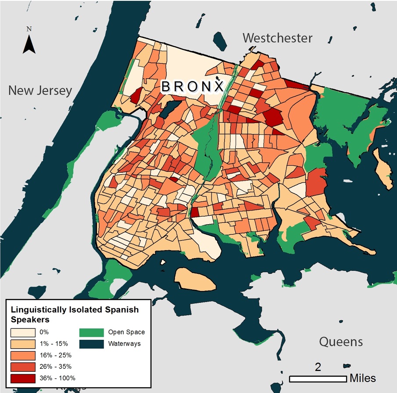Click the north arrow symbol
[x=29, y=44]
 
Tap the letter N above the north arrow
[x=29, y=29]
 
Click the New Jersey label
[x=40, y=91]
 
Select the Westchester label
[x=277, y=38]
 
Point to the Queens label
[x=341, y=342]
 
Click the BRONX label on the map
[x=192, y=87]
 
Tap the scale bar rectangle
[x=318, y=378]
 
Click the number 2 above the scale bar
[x=318, y=367]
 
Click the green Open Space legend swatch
[x=91, y=332]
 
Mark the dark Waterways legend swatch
[x=91, y=343]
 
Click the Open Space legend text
[x=126, y=332]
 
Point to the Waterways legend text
[x=125, y=343]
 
